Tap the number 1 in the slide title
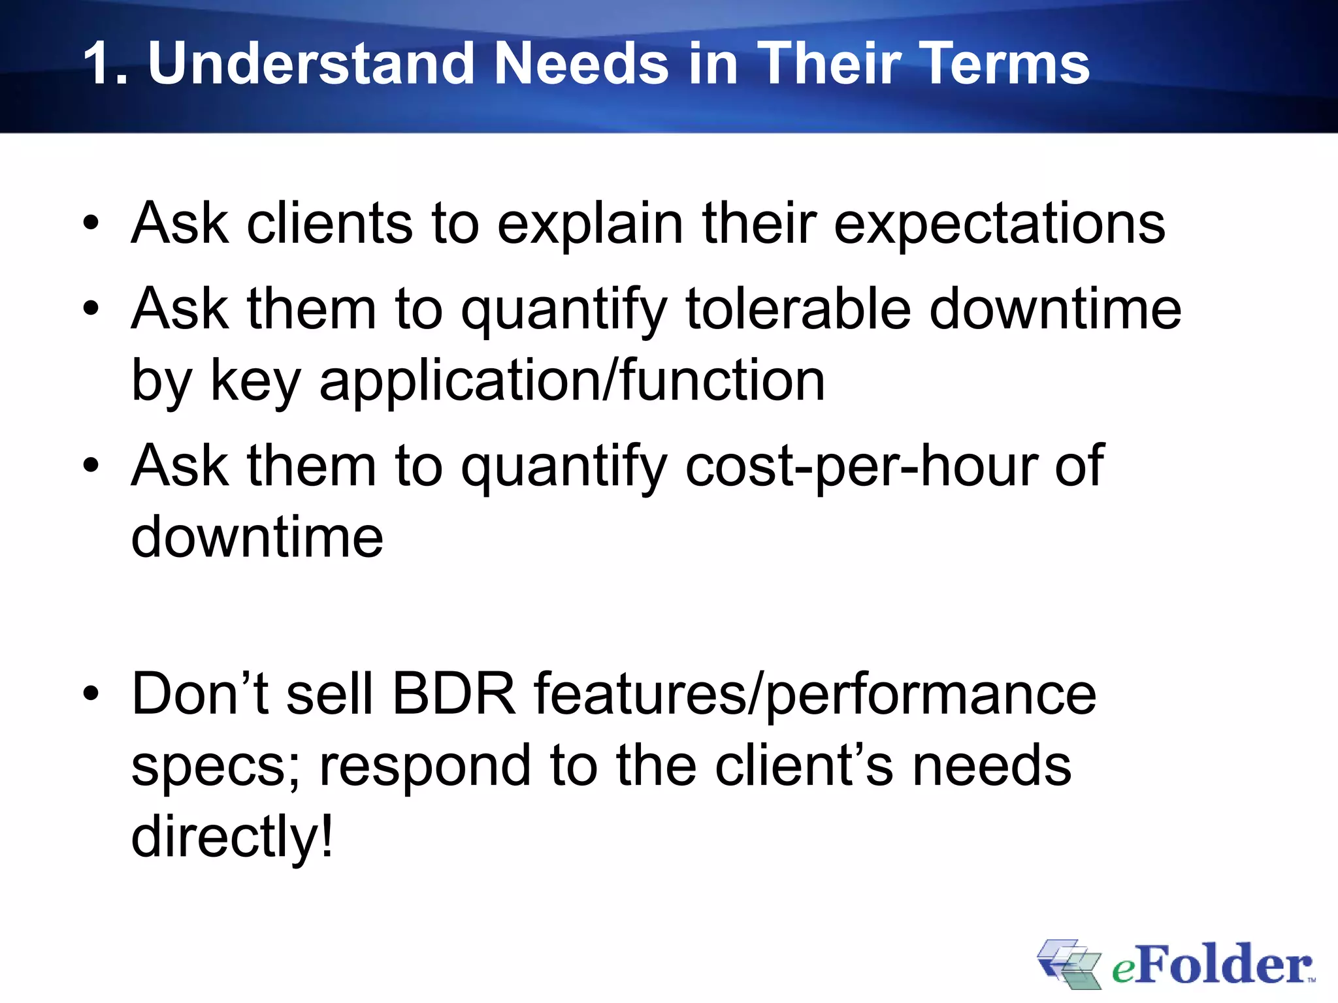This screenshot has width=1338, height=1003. (x=98, y=63)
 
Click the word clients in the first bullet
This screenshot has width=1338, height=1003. (x=329, y=223)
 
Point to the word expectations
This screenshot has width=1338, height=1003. (x=999, y=223)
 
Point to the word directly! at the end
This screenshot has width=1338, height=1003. (x=232, y=837)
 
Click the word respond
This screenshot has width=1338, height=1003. (x=425, y=767)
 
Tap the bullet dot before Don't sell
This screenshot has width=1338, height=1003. (x=91, y=694)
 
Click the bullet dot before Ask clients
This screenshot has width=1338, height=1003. (x=91, y=223)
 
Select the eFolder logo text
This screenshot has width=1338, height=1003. (x=1212, y=965)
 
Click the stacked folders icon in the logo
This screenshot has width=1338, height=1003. (x=1069, y=964)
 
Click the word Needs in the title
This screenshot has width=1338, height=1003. (x=581, y=63)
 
